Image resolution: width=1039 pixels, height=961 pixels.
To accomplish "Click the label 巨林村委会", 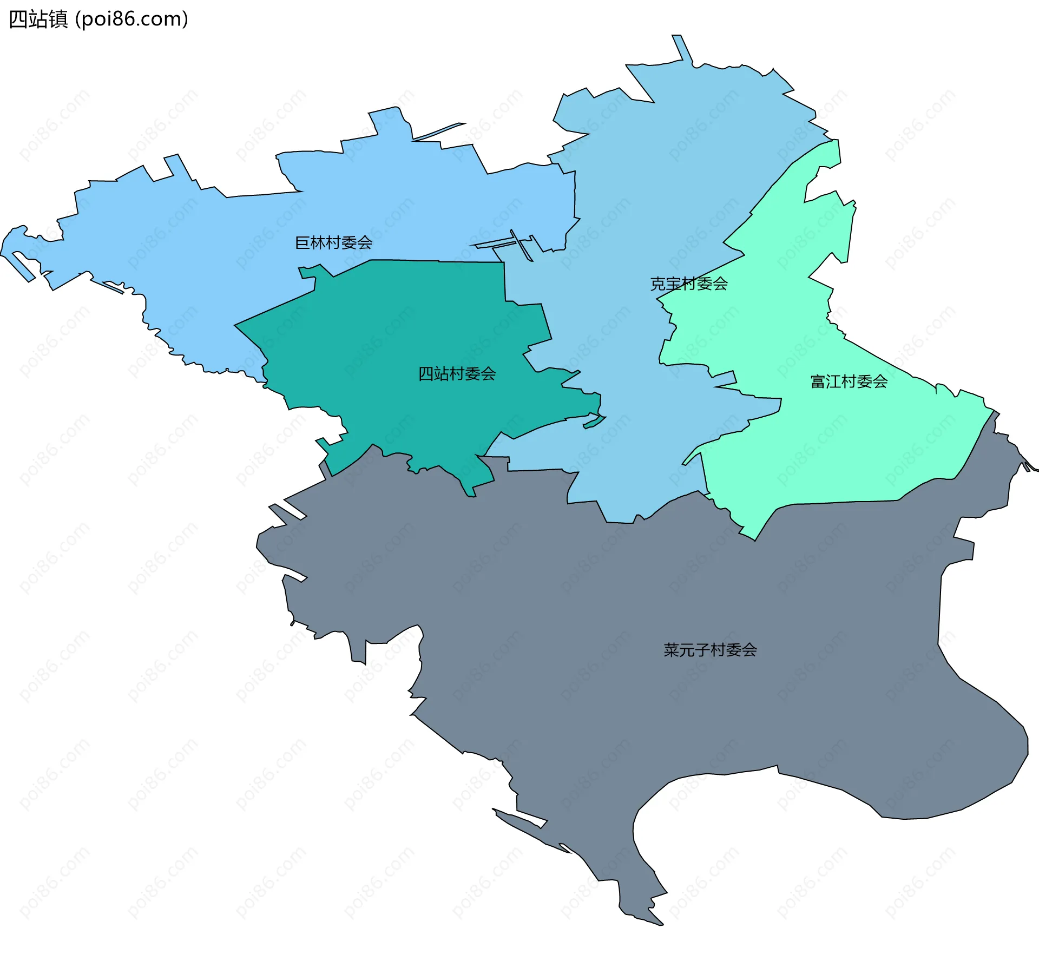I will click(x=333, y=242).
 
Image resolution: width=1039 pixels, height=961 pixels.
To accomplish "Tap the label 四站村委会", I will click(x=457, y=373).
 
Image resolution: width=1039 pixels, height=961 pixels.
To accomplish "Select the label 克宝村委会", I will click(x=688, y=284).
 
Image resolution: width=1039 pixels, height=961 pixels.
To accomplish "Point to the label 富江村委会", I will click(x=849, y=381).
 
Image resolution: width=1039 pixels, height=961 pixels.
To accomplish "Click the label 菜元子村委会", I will click(x=710, y=650).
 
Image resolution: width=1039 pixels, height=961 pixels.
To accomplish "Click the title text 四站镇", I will click(x=38, y=19).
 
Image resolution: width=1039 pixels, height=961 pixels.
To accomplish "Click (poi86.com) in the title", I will click(x=131, y=19).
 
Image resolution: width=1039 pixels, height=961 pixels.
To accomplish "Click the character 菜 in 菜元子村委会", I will click(x=671, y=650).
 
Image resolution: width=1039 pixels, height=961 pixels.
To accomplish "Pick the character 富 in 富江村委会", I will click(x=818, y=381).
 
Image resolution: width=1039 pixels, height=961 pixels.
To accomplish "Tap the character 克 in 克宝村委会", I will click(x=657, y=284).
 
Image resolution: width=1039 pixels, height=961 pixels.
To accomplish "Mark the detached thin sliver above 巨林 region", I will click(x=438, y=131).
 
